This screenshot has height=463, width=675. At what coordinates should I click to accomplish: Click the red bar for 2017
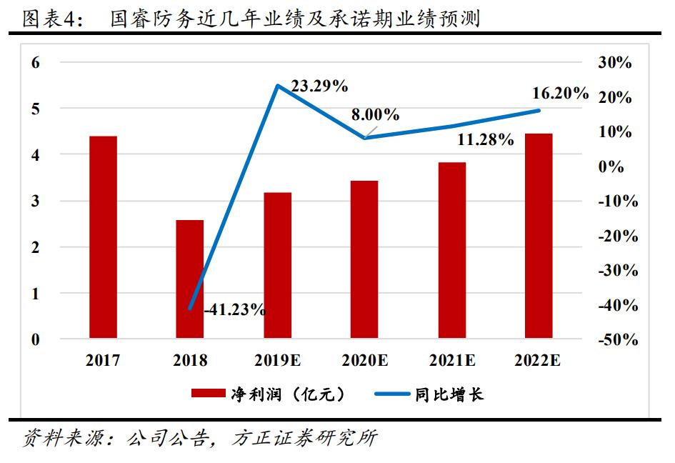(103, 237)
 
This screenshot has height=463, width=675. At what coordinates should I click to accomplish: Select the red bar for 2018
(190, 279)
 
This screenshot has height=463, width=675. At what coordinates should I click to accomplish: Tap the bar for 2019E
(277, 265)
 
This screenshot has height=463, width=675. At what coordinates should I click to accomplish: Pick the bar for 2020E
(364, 259)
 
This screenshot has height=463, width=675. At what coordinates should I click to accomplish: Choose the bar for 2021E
(451, 250)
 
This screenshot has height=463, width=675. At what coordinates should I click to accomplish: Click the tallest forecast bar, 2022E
(539, 235)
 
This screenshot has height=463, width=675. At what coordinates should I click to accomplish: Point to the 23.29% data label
(320, 86)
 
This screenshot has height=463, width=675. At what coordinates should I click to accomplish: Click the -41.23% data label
(235, 310)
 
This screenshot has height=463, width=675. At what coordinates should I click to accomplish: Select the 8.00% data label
(375, 115)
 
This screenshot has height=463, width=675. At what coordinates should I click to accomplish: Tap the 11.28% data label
(486, 140)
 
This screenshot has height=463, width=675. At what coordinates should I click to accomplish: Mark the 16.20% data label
(561, 94)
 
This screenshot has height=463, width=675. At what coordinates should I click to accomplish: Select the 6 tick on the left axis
(35, 62)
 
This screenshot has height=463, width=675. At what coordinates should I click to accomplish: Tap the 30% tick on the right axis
(616, 62)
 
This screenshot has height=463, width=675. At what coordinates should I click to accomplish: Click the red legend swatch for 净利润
(207, 394)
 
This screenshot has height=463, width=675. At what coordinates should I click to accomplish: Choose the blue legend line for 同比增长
(389, 394)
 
